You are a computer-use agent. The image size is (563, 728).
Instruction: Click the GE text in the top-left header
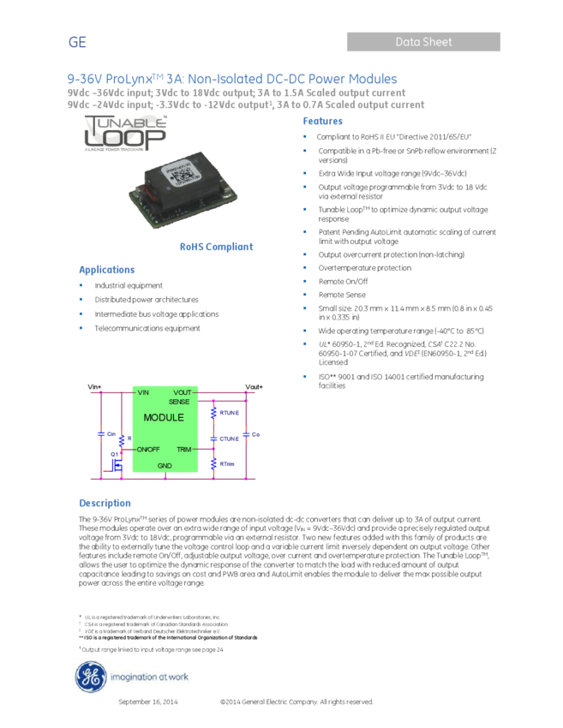(77, 43)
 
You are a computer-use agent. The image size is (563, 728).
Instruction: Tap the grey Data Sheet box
(423, 41)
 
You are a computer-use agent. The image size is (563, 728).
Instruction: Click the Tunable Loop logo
(125, 134)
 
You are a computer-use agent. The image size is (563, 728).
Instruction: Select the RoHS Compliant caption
(216, 247)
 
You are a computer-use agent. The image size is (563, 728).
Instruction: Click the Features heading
(322, 122)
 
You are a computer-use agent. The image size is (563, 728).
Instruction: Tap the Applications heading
(106, 270)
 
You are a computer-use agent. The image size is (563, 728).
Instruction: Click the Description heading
(105, 504)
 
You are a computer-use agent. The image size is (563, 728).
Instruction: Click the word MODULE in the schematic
(164, 418)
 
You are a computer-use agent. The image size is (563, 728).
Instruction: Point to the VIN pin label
(143, 392)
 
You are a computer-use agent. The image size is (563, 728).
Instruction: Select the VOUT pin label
(182, 392)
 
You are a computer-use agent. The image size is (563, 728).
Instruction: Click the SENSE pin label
(179, 401)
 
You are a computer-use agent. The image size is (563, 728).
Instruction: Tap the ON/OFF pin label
(148, 449)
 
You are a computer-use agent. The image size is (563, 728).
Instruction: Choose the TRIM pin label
(183, 449)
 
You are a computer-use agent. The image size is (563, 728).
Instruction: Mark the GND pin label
(165, 466)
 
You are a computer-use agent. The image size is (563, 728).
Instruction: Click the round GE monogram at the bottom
(89, 677)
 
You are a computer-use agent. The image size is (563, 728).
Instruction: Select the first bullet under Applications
(81, 285)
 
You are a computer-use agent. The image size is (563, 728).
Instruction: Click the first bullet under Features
(304, 135)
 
